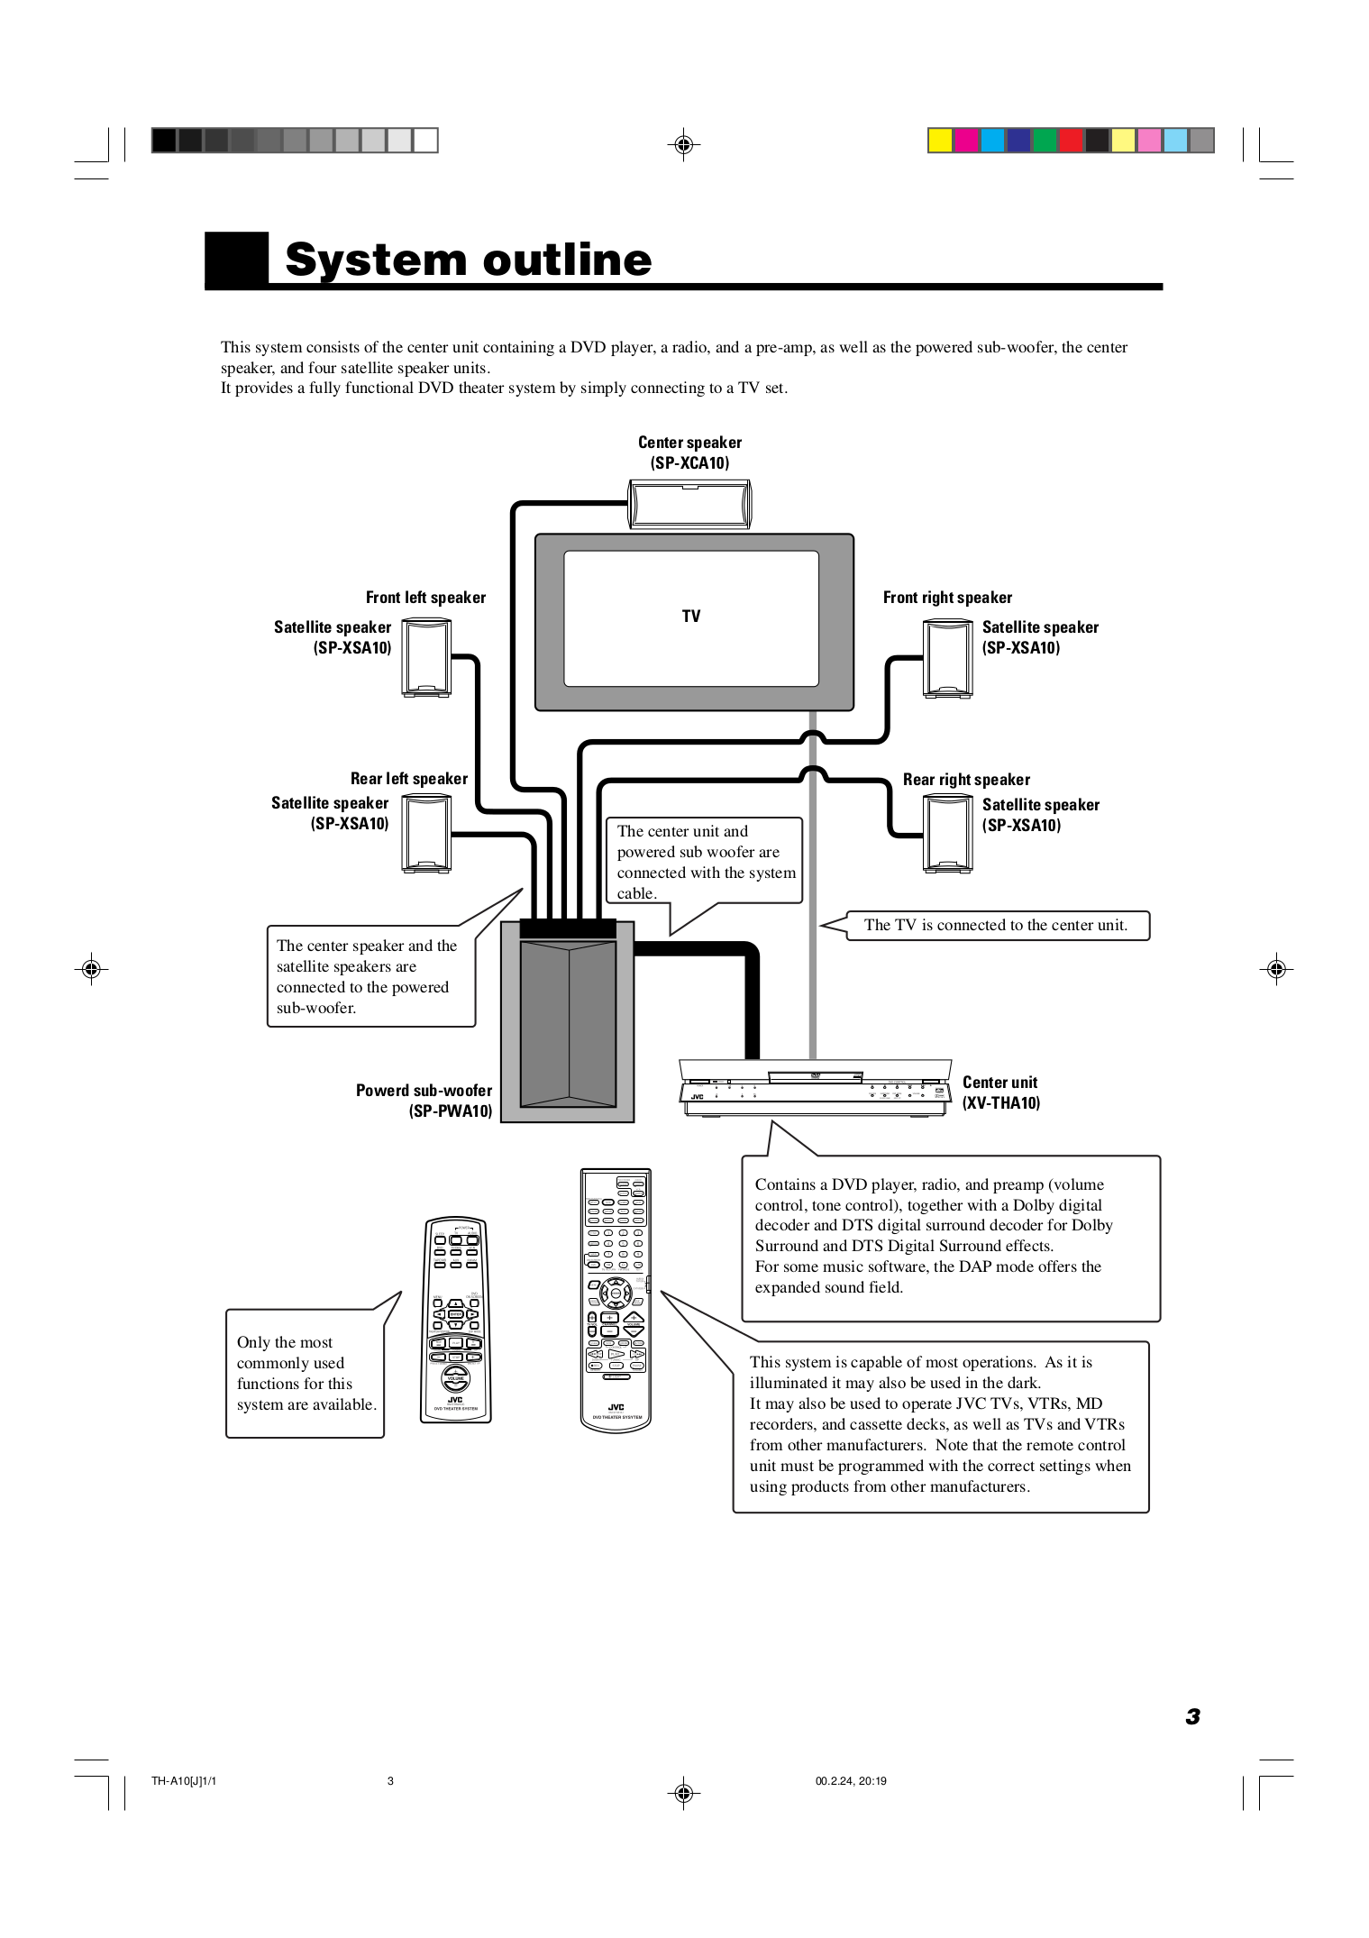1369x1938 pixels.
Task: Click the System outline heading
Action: (x=468, y=261)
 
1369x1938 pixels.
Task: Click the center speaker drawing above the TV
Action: (x=689, y=503)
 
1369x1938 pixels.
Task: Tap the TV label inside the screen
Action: (x=691, y=617)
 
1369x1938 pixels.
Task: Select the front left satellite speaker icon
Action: (x=425, y=657)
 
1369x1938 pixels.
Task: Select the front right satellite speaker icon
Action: (x=947, y=658)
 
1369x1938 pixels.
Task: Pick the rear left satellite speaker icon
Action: (x=425, y=834)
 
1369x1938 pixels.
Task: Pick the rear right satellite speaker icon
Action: (x=947, y=835)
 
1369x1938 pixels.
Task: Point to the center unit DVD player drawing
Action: (x=815, y=1087)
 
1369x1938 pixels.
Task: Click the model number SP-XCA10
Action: (x=689, y=463)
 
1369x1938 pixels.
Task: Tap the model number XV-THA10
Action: (x=1000, y=1103)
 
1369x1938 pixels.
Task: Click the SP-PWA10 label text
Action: (x=451, y=1111)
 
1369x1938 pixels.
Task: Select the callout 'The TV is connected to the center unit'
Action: (x=995, y=926)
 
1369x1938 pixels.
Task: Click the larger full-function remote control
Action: (x=616, y=1298)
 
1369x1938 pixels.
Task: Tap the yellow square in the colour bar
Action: (x=940, y=141)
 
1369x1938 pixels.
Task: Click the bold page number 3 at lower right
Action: (x=1192, y=1716)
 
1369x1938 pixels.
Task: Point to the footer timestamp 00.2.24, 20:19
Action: (x=851, y=1781)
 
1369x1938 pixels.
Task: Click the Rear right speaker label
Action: (x=966, y=780)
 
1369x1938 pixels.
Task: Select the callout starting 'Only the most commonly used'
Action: (x=306, y=1373)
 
